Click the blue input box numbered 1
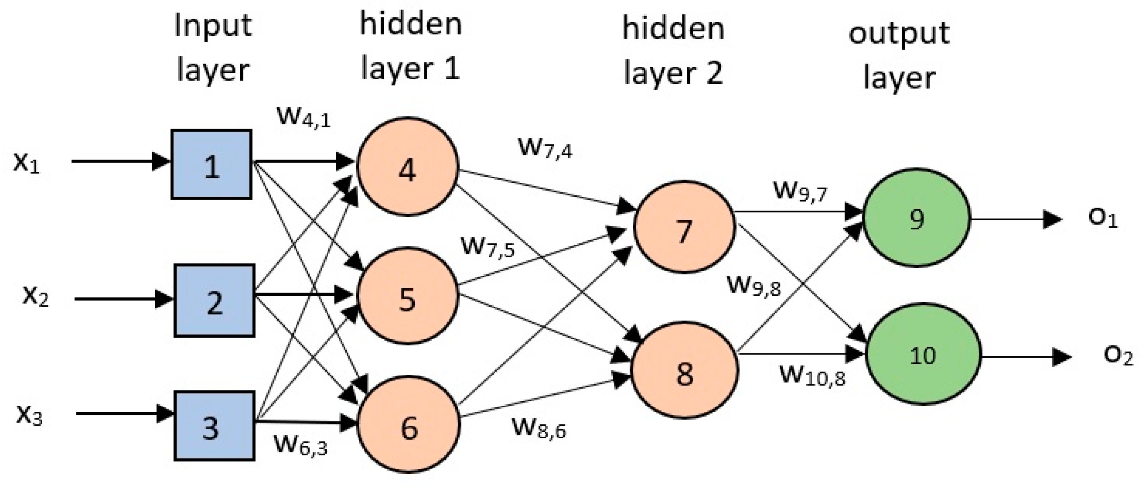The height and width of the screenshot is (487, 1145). [212, 165]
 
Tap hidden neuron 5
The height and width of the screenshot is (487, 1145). [407, 296]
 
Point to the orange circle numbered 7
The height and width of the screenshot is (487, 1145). [684, 227]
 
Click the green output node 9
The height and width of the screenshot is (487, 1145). [916, 218]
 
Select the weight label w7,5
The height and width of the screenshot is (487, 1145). [488, 247]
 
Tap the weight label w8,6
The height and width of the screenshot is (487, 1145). [539, 427]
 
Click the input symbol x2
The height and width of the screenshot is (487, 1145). [35, 296]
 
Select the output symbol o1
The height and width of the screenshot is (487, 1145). [1103, 218]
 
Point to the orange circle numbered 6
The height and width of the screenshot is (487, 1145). [409, 425]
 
